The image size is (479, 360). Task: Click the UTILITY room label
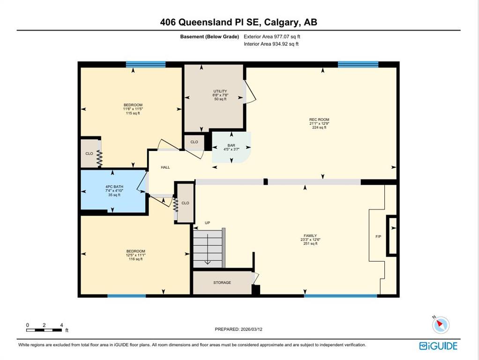[220, 91]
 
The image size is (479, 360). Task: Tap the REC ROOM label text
[319, 120]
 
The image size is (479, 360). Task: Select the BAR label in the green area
[231, 145]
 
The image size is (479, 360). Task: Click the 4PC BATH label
[114, 187]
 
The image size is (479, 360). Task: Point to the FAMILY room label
[310, 236]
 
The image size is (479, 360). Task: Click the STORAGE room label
[222, 283]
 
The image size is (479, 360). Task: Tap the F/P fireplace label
[378, 237]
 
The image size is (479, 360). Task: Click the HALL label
[165, 167]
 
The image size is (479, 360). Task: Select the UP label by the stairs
[208, 223]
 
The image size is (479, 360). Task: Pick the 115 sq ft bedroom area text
[133, 113]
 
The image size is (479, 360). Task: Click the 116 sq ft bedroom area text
[135, 259]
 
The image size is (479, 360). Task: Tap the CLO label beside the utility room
[195, 142]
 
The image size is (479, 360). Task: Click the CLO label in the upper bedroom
[89, 154]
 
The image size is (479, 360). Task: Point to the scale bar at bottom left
[44, 330]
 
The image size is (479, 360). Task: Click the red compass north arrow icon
[440, 324]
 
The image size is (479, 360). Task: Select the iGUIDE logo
[438, 346]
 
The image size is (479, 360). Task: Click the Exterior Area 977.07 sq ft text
[272, 37]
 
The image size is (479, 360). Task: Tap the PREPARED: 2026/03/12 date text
[239, 330]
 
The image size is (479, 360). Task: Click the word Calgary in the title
[281, 22]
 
